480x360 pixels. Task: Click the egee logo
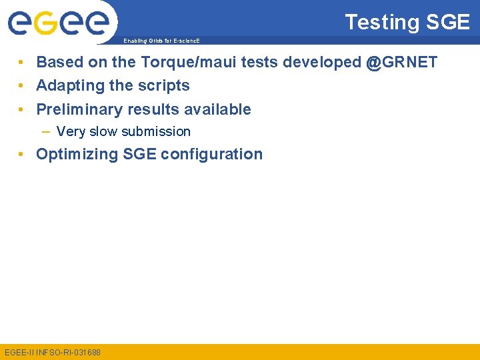[x=58, y=23]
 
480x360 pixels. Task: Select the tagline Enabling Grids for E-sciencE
[x=161, y=41]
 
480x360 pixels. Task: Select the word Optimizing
[x=77, y=155]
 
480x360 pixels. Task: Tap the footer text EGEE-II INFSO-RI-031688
[x=53, y=352]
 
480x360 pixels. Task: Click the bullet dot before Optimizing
[x=23, y=155]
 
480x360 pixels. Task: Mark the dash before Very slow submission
[x=47, y=132]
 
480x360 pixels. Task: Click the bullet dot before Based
[x=23, y=63]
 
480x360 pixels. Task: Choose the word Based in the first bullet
[x=55, y=63]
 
